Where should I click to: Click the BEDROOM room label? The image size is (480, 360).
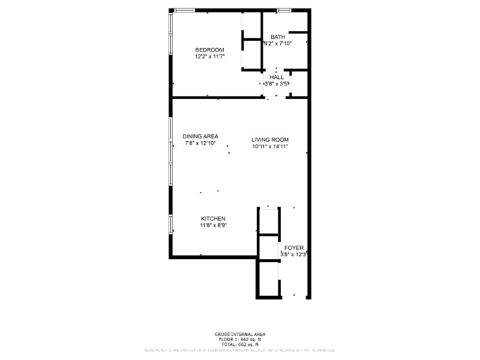coord(209,50)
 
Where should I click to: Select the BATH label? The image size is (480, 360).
coord(277,37)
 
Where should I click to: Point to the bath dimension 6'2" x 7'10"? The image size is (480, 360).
coord(277,44)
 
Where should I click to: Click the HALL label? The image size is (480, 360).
coord(277,77)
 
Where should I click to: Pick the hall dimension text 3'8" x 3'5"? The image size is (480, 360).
coord(277,84)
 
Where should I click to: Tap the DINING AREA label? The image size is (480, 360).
coord(200,136)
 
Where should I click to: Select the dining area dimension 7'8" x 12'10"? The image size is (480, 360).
coord(200,143)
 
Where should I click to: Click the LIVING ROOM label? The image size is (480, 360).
coord(270,140)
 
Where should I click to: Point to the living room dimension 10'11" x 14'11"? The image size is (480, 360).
coord(270,146)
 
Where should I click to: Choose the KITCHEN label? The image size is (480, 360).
coord(213,218)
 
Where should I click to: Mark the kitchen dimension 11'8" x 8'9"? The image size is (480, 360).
coord(213,226)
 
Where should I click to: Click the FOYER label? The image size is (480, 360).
coord(294,248)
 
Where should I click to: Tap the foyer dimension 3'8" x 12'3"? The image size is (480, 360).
coord(294,254)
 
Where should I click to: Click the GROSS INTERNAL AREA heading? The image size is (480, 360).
coord(240,334)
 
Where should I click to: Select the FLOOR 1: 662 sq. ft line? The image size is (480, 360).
coord(240,340)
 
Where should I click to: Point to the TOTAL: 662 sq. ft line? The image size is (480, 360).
coord(240,344)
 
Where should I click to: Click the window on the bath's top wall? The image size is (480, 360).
coord(284,10)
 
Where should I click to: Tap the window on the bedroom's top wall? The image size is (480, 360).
coord(185,10)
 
